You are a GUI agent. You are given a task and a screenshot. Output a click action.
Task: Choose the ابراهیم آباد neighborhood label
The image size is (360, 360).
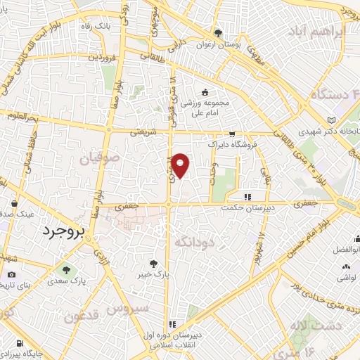pos(317,32)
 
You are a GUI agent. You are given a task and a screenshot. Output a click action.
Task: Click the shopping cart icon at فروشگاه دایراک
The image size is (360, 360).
pos(231,133)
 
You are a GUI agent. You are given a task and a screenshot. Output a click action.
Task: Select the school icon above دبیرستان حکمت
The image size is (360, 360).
pos(246,198)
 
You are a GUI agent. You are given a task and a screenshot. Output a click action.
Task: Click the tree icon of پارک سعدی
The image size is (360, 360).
pos(66,269)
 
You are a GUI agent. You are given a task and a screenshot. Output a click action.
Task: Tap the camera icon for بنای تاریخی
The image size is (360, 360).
pos(11,274)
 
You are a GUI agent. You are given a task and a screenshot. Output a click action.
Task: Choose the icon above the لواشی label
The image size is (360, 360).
pos(345,266)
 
